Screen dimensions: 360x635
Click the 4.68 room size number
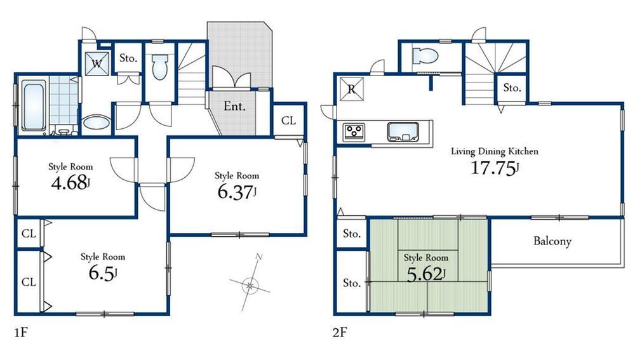(69, 186)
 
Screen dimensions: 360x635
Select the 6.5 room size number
(101, 274)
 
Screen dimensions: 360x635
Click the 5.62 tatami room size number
(425, 274)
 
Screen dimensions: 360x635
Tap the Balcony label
(552, 241)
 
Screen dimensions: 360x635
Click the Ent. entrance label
(234, 106)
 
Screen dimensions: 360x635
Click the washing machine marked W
(97, 63)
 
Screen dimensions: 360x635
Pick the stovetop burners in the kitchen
(354, 132)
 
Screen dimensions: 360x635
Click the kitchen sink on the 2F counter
(401, 132)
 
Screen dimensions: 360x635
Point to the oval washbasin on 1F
(96, 123)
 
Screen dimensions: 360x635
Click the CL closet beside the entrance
(288, 120)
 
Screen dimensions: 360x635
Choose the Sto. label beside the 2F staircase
(512, 88)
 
